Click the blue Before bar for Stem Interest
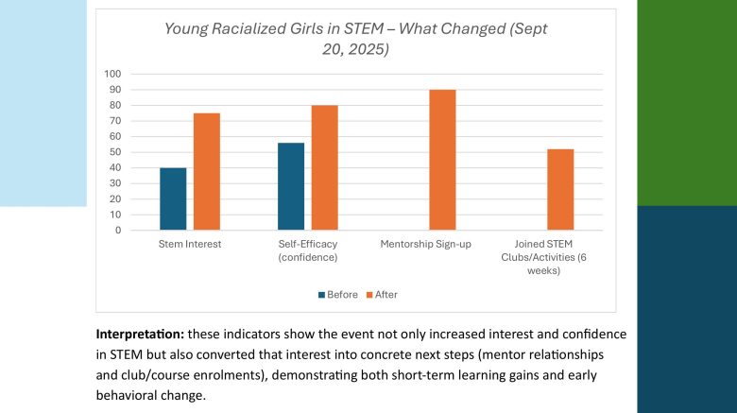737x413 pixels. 173,198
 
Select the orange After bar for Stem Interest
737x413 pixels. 207,171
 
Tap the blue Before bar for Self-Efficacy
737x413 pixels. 290,186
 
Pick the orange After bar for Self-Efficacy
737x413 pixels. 324,167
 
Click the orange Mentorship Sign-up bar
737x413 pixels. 442,160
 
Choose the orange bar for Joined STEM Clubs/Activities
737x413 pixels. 560,189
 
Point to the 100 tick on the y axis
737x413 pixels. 113,74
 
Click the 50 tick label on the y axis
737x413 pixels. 115,152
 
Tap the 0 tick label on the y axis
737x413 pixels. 118,230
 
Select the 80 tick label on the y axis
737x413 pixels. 115,105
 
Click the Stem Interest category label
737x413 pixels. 190,245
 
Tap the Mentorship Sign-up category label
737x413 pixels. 425,245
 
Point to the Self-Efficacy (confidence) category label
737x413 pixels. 307,250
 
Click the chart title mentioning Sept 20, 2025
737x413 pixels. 355,39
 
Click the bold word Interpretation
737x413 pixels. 138,336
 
